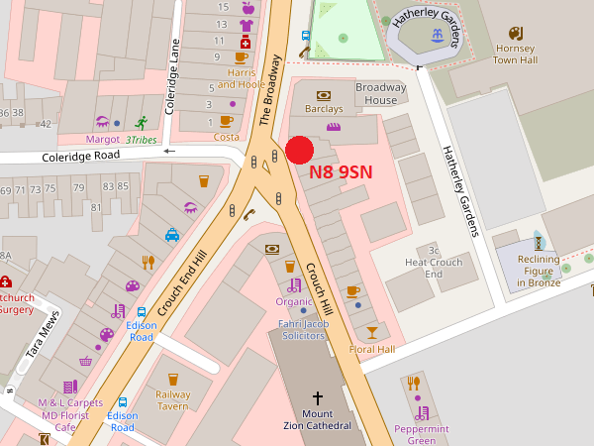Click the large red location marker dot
tap(300, 150)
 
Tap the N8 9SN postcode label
tap(341, 170)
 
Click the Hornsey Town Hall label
tap(515, 54)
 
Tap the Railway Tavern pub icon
tap(173, 379)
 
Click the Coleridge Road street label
tap(80, 157)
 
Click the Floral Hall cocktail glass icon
tap(372, 331)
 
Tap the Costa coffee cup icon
tap(227, 121)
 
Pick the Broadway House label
tap(381, 93)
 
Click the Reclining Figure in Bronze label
tap(539, 270)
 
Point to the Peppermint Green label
tap(422, 434)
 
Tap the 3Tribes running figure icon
tap(142, 123)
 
